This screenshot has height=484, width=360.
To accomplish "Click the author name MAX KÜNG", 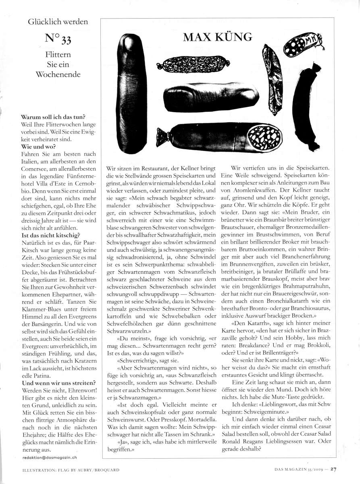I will [x=217, y=37].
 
